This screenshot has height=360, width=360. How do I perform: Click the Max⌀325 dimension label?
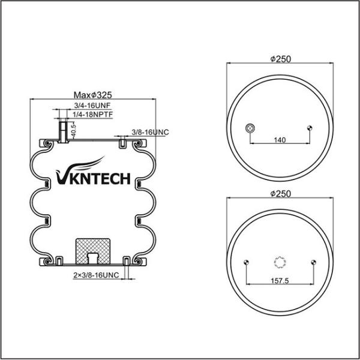click(x=93, y=95)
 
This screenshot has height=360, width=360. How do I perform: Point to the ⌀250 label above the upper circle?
click(x=281, y=59)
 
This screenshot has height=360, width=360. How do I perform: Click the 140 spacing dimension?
click(x=279, y=139)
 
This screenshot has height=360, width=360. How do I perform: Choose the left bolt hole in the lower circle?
click(x=247, y=262)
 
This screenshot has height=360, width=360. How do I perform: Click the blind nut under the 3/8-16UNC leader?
click(x=122, y=143)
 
